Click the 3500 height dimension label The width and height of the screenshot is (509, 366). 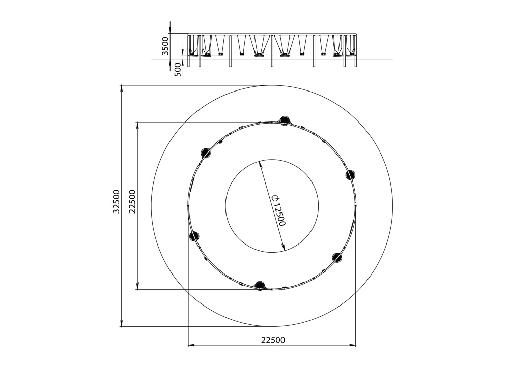point(165,46)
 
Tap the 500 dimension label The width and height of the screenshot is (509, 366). point(178,70)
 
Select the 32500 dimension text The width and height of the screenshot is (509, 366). point(116,202)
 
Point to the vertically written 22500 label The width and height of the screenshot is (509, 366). point(132,202)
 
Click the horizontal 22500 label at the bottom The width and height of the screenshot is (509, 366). point(273,340)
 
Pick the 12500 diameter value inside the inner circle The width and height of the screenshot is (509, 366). point(279,215)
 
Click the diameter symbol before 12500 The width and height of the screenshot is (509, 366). point(275,197)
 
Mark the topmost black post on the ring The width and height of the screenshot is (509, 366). point(285,120)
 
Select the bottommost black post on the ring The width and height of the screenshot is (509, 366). point(260,286)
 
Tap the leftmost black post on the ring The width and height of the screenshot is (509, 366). point(194,236)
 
